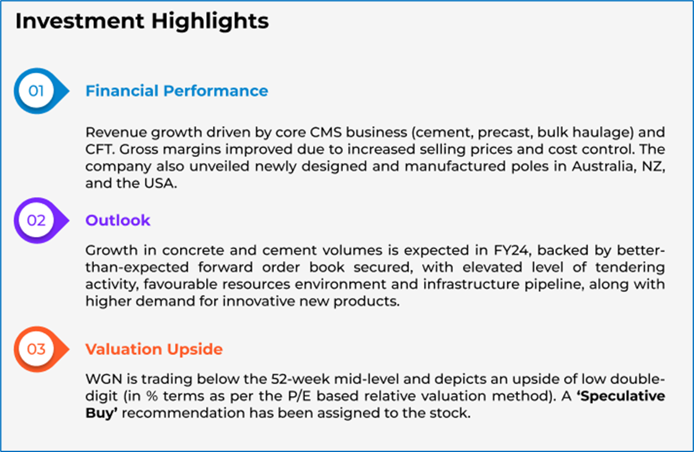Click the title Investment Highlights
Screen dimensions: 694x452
tap(142, 21)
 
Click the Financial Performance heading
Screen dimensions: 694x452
tap(177, 91)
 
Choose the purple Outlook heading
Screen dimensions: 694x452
tap(118, 220)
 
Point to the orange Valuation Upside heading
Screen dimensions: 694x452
tap(154, 349)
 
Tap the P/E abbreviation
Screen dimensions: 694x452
tap(299, 396)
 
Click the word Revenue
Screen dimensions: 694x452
tap(116, 132)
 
